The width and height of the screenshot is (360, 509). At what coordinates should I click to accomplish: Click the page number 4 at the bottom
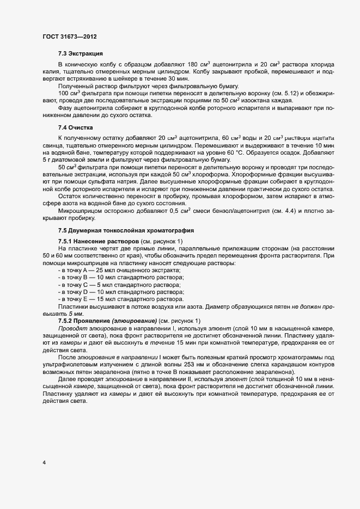click(x=44, y=463)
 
